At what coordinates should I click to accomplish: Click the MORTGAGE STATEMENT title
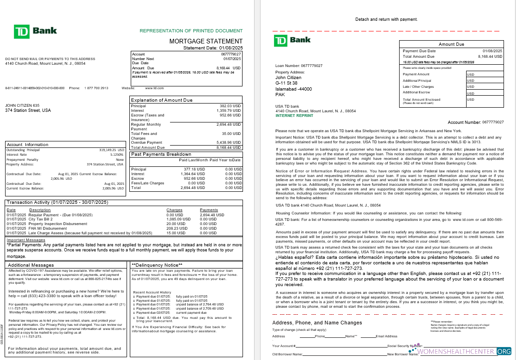coord(206,41)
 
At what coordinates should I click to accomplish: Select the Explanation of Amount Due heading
coord(162,100)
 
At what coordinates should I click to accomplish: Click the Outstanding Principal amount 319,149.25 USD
coord(112,150)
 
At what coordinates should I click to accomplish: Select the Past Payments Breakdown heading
coord(161,154)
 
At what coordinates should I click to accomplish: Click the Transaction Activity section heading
coord(57,202)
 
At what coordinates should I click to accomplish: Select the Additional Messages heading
coord(31,265)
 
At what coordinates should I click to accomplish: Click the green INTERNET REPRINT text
coord(294,116)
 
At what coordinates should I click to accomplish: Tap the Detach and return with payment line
coord(386,19)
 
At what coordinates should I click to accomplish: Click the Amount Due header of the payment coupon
coord(451,44)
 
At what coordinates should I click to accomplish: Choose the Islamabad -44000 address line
coord(293,89)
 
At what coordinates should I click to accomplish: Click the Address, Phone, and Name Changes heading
coord(317,323)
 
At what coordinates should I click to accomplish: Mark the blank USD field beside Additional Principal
coord(485,80)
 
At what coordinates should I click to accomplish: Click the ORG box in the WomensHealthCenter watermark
coord(504,352)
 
